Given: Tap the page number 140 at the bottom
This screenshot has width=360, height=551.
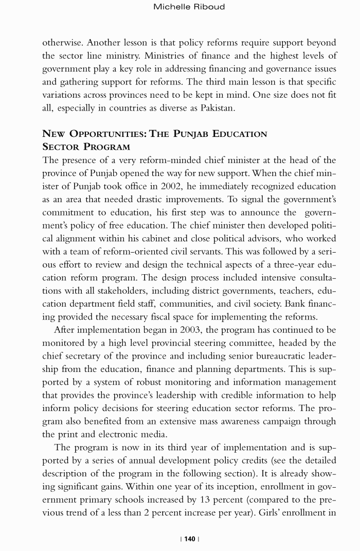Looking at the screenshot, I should pyautogui.click(x=190, y=539).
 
